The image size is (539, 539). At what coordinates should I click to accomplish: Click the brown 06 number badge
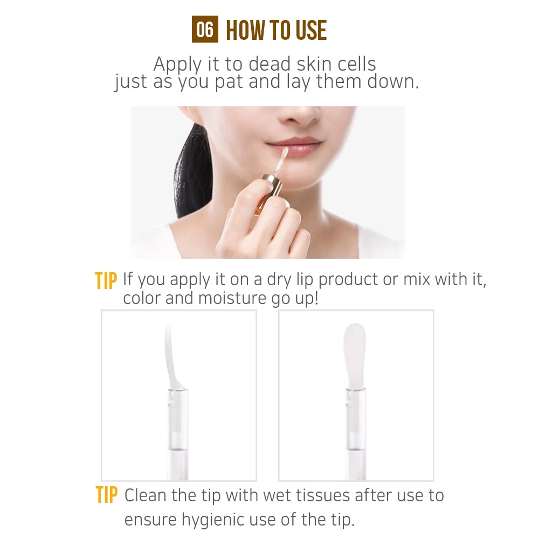click(x=205, y=30)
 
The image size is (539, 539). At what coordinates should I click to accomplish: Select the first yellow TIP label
click(x=106, y=281)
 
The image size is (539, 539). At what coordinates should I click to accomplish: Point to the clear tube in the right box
click(x=356, y=431)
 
